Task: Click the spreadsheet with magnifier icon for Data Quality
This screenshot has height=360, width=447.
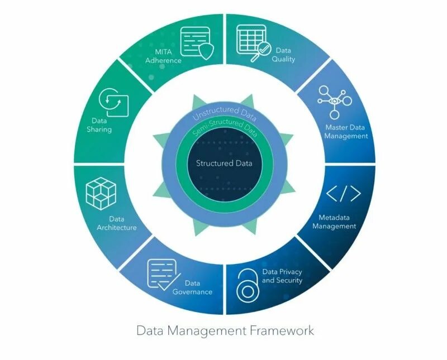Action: [x=253, y=41]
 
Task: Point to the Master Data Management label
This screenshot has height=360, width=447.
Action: [x=346, y=131]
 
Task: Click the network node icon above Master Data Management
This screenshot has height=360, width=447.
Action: [x=335, y=101]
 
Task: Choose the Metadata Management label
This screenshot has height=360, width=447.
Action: [x=334, y=222]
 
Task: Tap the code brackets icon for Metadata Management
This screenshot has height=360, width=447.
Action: [x=343, y=193]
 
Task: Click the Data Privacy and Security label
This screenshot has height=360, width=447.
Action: [x=282, y=276]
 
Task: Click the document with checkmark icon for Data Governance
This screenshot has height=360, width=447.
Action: [x=161, y=273]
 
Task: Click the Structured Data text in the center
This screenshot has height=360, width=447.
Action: [x=223, y=164]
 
